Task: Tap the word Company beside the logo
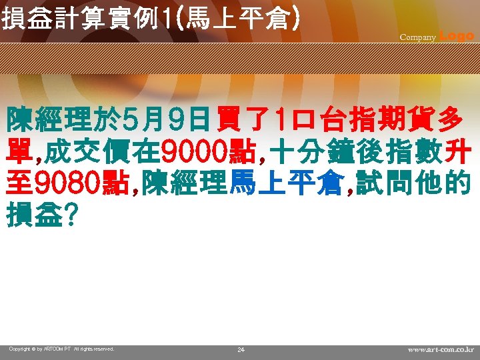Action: tap(417, 37)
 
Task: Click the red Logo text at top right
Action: tap(457, 36)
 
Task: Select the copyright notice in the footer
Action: tap(62, 349)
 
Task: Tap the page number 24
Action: tap(241, 349)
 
